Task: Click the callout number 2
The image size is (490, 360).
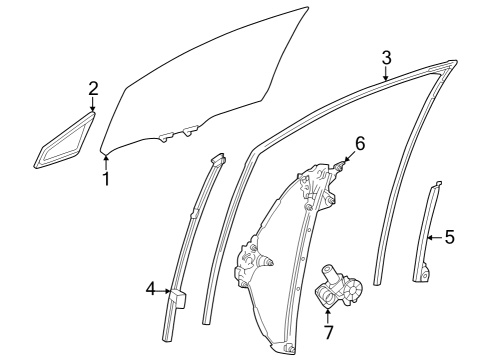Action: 93,89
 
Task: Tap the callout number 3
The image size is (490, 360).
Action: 386,56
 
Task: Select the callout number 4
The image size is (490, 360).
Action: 151,289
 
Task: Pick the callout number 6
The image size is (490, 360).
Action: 360,143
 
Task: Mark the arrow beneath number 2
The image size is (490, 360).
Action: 93,105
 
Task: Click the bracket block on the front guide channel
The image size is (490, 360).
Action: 178,298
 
